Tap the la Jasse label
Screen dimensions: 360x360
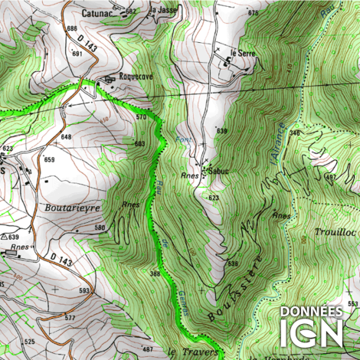tap(162, 10)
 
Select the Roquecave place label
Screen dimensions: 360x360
tap(136, 77)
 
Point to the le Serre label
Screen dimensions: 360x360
tap(242, 53)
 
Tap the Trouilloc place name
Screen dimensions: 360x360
tap(335, 231)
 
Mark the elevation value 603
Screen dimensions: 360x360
tap(139, 144)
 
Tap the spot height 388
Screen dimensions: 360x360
tap(155, 273)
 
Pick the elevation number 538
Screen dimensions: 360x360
tap(232, 264)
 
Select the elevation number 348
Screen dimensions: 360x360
tap(294, 133)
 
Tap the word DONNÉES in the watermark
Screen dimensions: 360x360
tap(311, 312)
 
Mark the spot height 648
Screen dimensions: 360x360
tap(67, 136)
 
